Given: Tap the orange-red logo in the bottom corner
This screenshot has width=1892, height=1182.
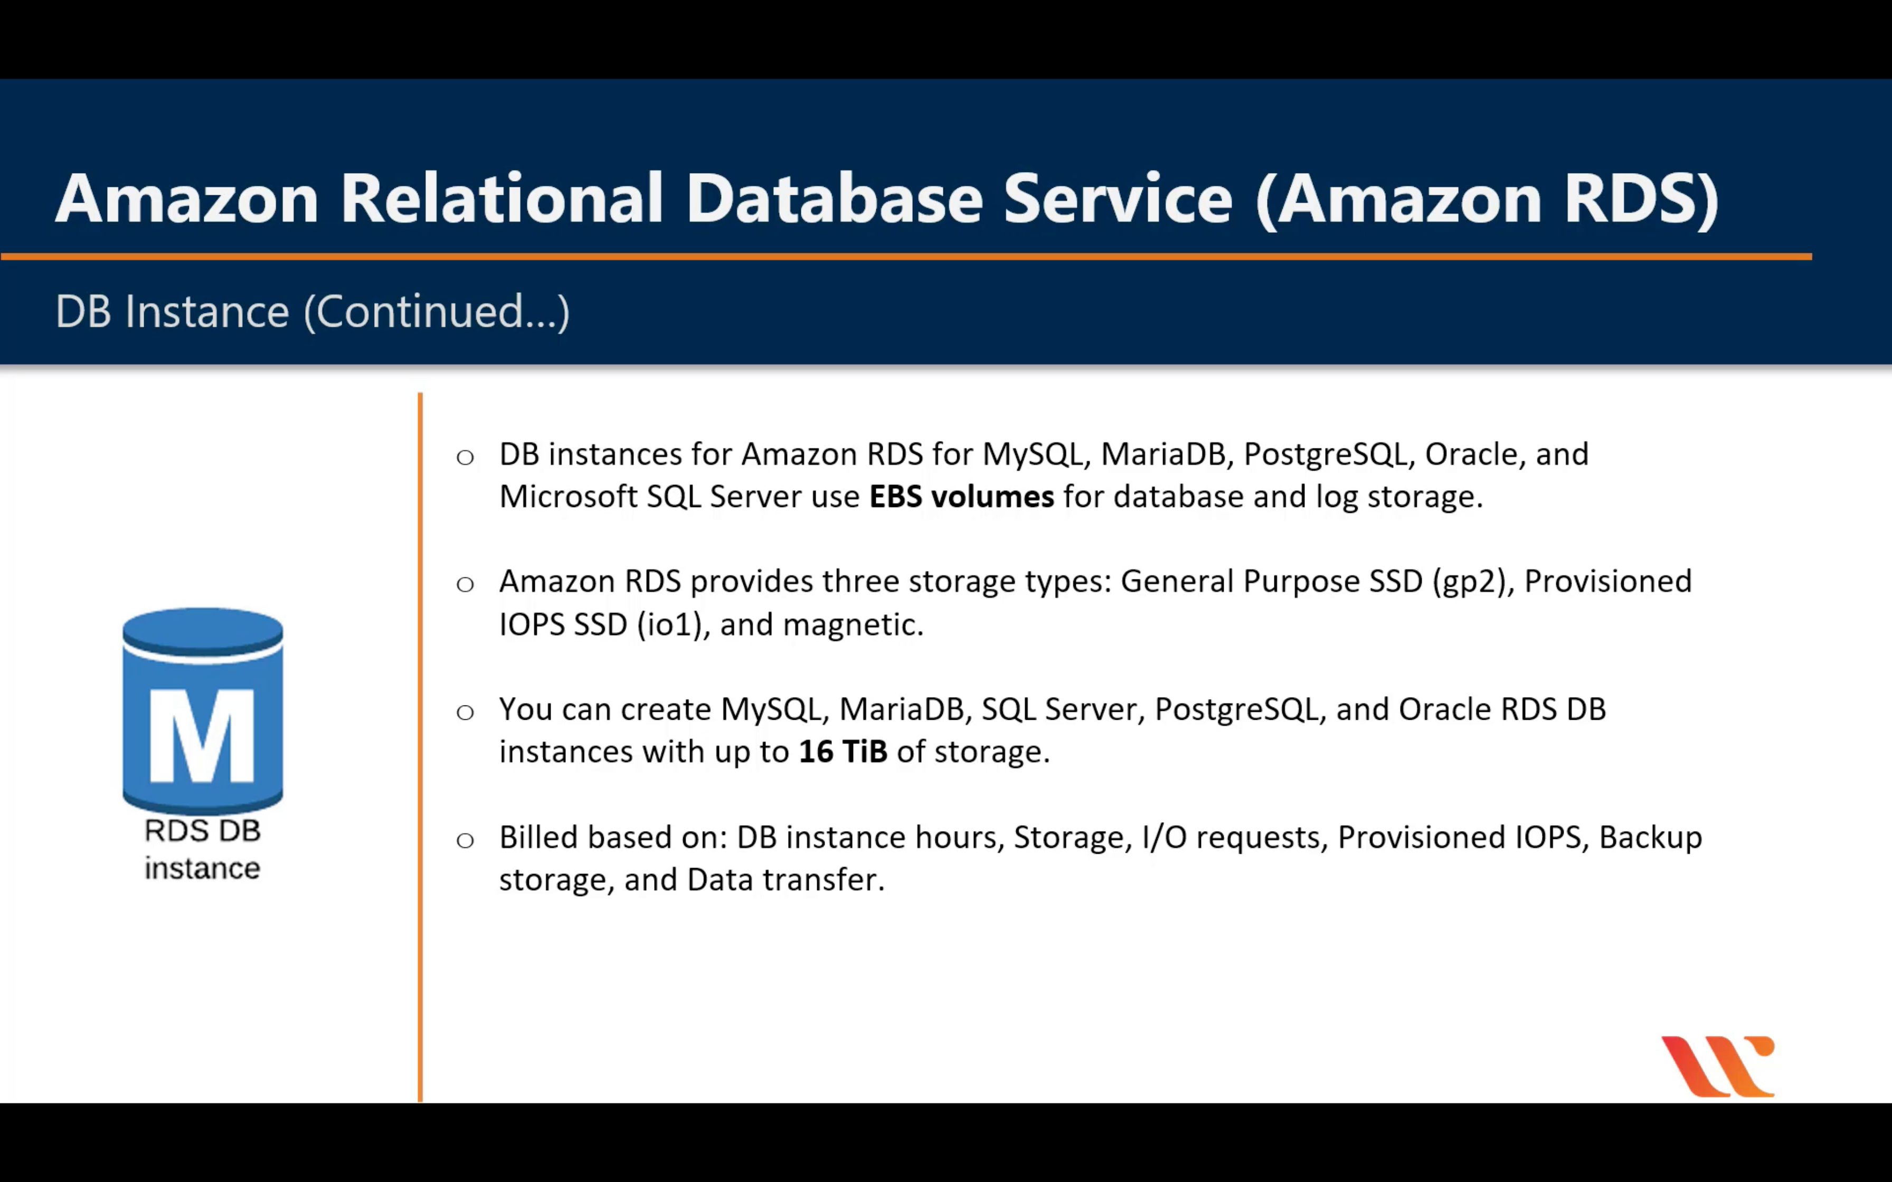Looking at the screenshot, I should (x=1718, y=1066).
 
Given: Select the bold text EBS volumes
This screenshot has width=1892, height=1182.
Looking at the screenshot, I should (x=961, y=497).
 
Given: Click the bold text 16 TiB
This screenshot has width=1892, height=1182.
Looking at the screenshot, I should (x=843, y=752).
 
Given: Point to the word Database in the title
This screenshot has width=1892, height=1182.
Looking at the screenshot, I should (x=834, y=198).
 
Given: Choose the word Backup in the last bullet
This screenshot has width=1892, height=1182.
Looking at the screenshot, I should (x=1650, y=837).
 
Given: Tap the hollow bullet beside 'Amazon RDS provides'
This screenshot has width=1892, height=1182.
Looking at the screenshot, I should (x=465, y=584).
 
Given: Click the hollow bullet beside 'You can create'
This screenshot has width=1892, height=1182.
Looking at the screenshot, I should (x=465, y=712).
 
